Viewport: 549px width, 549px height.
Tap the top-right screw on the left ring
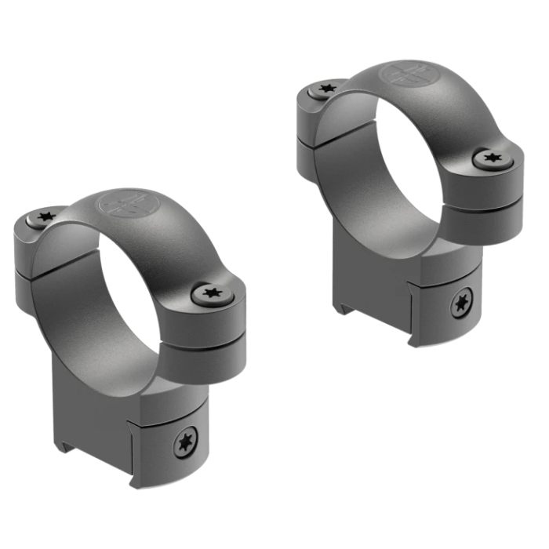click(209, 294)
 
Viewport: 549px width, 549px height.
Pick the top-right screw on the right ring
click(493, 159)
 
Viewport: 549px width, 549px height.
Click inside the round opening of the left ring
click(118, 298)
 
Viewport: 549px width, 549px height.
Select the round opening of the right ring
click(404, 169)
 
